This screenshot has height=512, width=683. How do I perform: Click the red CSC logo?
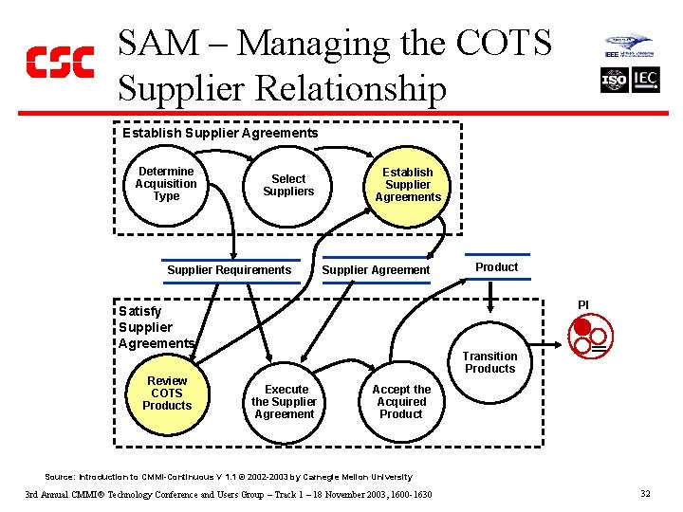tap(59, 62)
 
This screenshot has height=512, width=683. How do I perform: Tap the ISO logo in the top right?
tap(614, 81)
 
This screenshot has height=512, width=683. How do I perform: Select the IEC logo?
tap(645, 81)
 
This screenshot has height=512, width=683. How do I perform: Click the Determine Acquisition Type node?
tap(166, 184)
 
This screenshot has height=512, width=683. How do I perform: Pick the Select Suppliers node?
tap(288, 185)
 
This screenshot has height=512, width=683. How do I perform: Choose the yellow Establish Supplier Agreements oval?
tap(408, 185)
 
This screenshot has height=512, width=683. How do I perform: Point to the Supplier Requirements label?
tap(229, 270)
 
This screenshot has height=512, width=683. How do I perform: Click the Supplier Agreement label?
tap(376, 270)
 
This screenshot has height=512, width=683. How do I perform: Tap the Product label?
tap(496, 267)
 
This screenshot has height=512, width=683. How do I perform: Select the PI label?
tap(583, 304)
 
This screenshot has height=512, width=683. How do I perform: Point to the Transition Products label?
tap(489, 362)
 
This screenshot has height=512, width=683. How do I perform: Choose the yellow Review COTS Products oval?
tap(167, 393)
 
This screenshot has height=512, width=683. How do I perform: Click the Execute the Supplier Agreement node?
tap(285, 402)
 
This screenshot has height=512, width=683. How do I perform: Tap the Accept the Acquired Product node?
tap(400, 402)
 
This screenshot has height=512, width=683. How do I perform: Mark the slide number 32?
tap(645, 494)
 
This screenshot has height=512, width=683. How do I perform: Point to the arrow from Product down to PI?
tap(491, 296)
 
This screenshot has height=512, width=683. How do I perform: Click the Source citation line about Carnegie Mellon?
tap(229, 477)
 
